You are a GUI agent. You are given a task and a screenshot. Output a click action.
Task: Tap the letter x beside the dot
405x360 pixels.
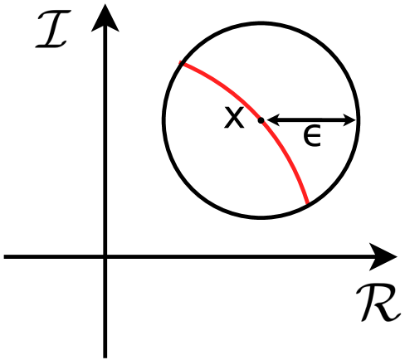[x=236, y=119]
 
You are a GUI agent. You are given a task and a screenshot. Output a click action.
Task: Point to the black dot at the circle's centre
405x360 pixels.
[x=261, y=120]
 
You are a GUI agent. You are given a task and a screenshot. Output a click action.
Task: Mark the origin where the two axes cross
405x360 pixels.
[x=105, y=257]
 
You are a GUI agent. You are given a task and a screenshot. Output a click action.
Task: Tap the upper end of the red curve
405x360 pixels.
[x=181, y=64]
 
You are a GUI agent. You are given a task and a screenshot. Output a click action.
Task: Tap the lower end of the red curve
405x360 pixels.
[x=309, y=202]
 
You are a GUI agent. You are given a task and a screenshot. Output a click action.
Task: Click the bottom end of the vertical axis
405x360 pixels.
[x=105, y=354]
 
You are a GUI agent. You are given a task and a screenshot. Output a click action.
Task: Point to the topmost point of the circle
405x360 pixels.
[x=261, y=22]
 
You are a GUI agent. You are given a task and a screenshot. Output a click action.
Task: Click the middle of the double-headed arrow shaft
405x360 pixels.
[x=312, y=120]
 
